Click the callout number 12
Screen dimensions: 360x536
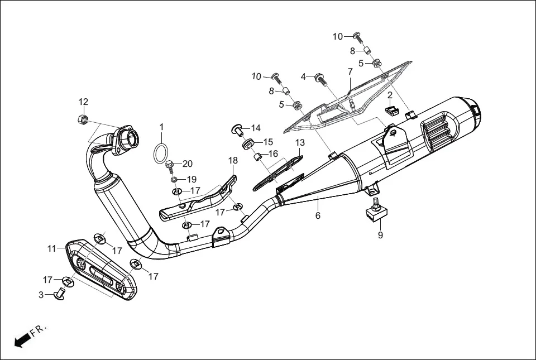(x=83, y=102)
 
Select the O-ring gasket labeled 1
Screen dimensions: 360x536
(x=161, y=151)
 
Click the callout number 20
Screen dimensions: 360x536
(x=187, y=164)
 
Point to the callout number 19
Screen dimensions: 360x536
(x=192, y=179)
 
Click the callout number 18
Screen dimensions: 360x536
(x=233, y=161)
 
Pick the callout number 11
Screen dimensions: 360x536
(x=52, y=249)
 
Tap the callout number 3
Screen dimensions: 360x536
(x=41, y=295)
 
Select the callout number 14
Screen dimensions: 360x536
(x=255, y=128)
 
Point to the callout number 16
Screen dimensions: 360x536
(x=273, y=153)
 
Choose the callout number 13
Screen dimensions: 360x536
(x=300, y=143)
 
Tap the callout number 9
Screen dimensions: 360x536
(x=381, y=235)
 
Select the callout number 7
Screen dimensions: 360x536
(x=350, y=72)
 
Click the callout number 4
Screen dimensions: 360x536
(x=304, y=76)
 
